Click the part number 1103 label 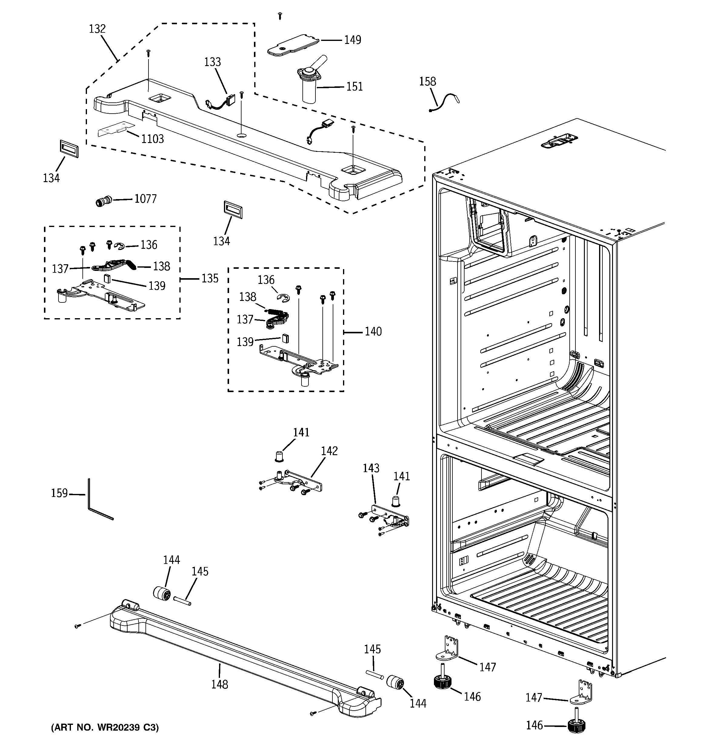pos(152,139)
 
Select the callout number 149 pos(352,40)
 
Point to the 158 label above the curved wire pos(427,82)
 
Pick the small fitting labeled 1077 pos(103,202)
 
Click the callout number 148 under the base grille pos(220,684)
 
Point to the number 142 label pos(329,451)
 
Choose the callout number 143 pos(371,468)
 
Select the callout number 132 pos(97,29)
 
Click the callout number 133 pos(212,62)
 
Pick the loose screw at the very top pos(280,16)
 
